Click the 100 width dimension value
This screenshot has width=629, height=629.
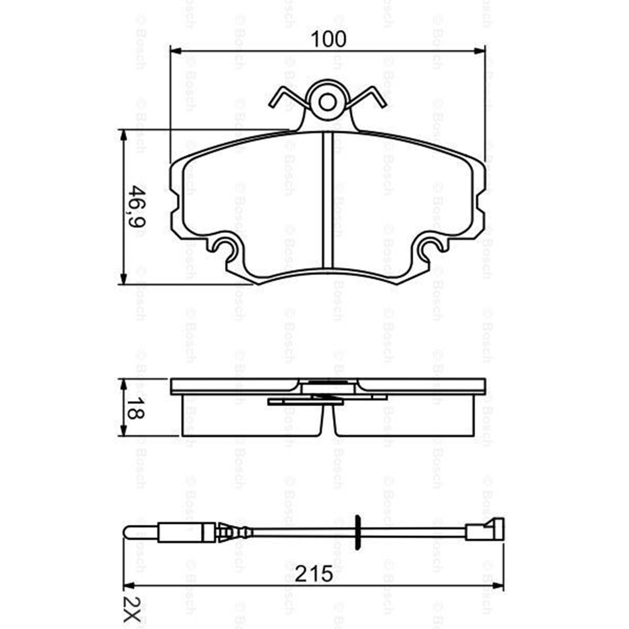(328, 39)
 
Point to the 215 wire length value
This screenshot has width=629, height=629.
(314, 574)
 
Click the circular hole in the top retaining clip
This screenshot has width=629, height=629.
(327, 102)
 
